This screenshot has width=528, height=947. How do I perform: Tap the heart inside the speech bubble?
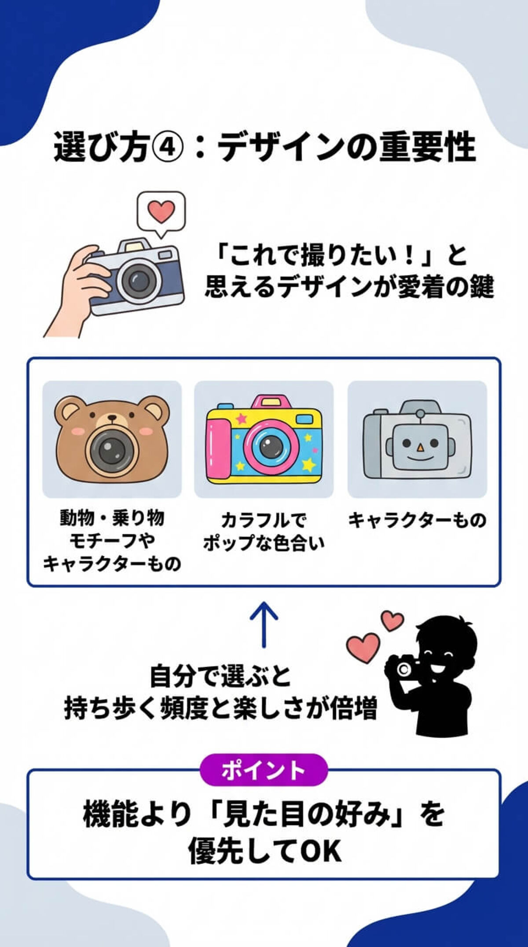coord(161,212)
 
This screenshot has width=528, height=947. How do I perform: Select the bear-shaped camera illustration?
coord(112,439)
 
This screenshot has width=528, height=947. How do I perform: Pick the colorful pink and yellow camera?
coord(264,440)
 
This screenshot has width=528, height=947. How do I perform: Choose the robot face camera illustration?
coord(417,440)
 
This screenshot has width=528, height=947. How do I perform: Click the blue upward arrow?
coord(264,623)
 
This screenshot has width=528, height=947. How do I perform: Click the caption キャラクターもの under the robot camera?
coord(417,520)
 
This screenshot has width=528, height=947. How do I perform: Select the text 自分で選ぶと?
coord(220,676)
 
